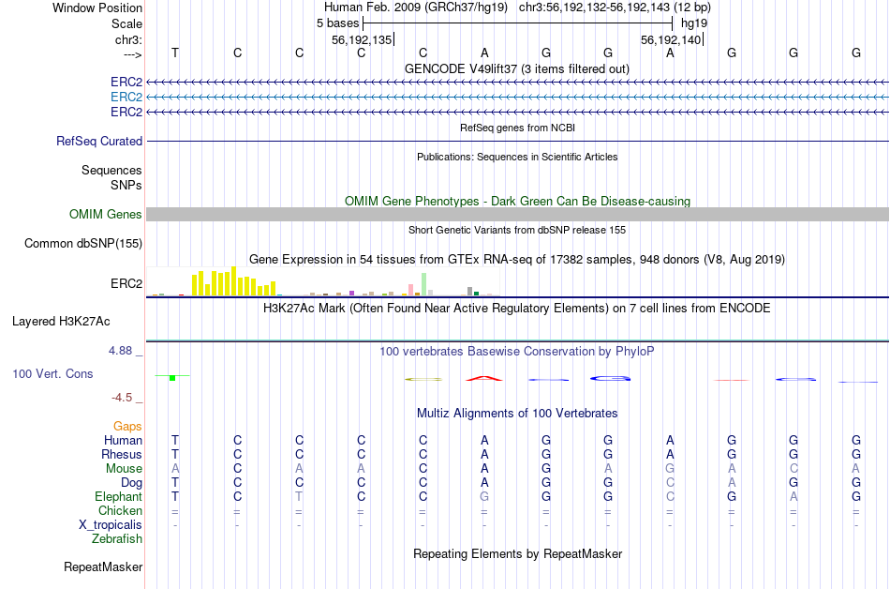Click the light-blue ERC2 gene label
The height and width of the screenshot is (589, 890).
(x=126, y=97)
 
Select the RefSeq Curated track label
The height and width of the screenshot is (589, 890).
(x=99, y=141)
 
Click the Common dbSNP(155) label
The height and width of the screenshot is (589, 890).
(x=82, y=244)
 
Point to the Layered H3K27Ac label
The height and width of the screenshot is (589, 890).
(x=61, y=321)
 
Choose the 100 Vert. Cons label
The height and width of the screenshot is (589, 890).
(x=52, y=374)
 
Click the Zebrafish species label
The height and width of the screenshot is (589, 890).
(x=117, y=539)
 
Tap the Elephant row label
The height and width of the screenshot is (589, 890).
(x=118, y=497)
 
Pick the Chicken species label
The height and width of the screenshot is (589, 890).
(x=120, y=511)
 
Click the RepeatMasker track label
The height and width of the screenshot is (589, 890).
(x=103, y=567)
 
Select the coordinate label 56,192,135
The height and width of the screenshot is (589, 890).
(x=362, y=39)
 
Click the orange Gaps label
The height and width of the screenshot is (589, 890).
(x=127, y=427)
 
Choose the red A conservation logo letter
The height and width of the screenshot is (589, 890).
(x=484, y=378)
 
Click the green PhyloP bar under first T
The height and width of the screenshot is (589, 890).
(x=173, y=377)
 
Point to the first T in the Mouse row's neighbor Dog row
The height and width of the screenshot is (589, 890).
(x=174, y=483)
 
